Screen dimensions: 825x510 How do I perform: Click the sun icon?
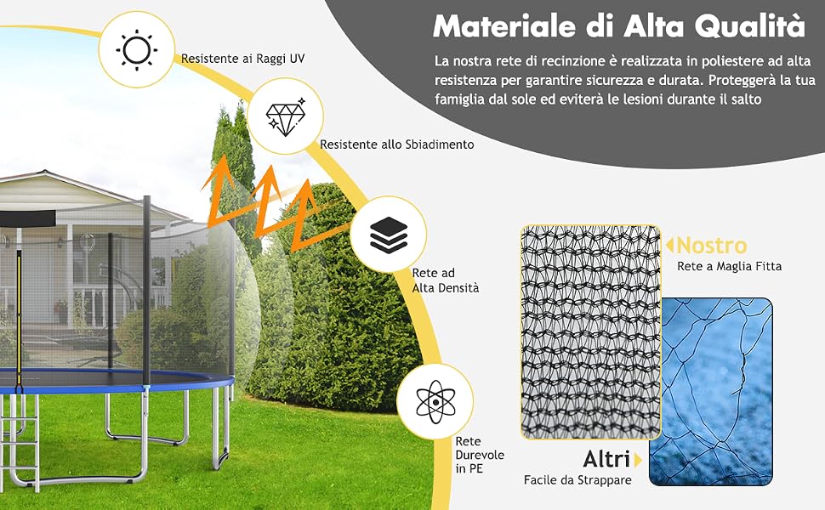pos(136,50)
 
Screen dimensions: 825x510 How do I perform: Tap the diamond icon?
pos(285,116)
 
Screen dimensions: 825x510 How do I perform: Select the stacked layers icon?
pos(389,235)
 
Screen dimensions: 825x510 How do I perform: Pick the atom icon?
pos(435,402)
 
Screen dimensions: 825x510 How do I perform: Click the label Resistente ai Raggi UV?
pos(242,59)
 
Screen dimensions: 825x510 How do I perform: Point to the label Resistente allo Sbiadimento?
pos(396,144)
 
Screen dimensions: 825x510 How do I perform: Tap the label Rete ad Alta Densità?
pos(445,280)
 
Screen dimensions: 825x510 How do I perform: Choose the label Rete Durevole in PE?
pos(480,455)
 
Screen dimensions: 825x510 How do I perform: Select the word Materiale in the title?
pos(504,25)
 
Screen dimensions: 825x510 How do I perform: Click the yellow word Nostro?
pos(712,245)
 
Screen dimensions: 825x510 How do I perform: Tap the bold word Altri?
pos(606,459)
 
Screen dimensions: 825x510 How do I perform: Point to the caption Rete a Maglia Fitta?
pos(729,267)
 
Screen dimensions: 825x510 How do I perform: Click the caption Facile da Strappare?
pos(577,480)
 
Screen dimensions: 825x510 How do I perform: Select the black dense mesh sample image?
pos(590,332)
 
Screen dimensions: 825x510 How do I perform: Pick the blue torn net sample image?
pos(711,392)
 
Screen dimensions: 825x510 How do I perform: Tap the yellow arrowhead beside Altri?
pos(638,460)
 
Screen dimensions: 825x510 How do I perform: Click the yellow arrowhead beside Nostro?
pos(669,245)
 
